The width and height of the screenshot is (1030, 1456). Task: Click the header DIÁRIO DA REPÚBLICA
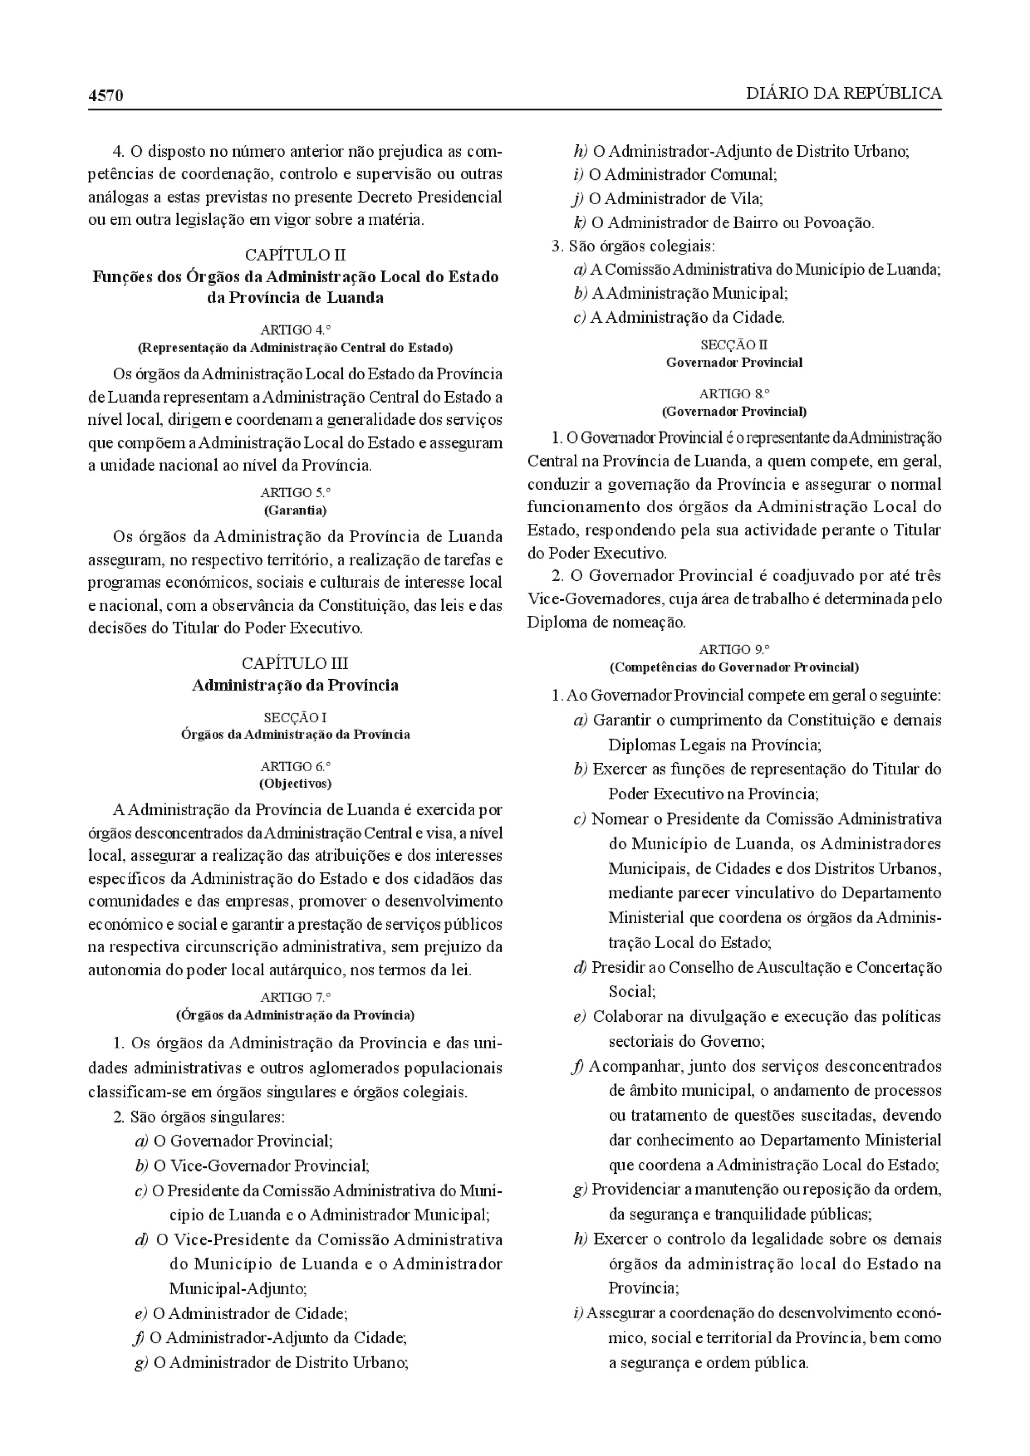coord(843,94)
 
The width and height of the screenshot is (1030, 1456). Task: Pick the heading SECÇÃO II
coord(734,345)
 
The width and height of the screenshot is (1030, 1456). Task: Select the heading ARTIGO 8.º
coord(734,394)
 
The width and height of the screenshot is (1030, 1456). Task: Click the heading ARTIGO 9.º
coord(734,650)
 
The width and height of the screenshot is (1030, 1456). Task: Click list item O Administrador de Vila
coord(675,199)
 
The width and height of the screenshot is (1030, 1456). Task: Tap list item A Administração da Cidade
coord(687,317)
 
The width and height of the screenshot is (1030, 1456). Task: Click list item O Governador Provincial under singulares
coord(242,1141)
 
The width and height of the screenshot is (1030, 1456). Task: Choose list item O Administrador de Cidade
coord(249,1313)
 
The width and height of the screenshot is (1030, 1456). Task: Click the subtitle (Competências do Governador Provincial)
coord(734,667)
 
